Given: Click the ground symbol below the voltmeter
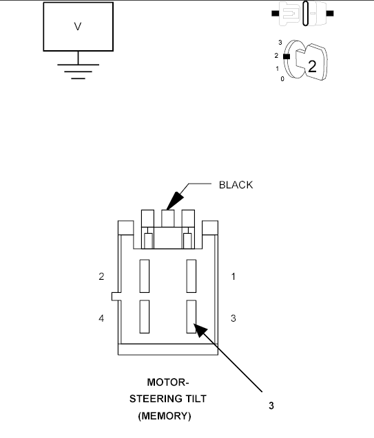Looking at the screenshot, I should click(78, 71).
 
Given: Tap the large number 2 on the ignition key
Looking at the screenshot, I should click(311, 67).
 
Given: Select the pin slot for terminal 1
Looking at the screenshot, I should click(191, 276).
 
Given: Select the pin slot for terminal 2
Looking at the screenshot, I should click(144, 276).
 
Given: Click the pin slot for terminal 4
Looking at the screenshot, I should click(144, 317).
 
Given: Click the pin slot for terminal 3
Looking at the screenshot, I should click(191, 317).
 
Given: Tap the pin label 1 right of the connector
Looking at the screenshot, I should click(233, 277).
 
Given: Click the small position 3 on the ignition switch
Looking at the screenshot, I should click(280, 43).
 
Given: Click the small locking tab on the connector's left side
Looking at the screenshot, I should click(114, 297).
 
